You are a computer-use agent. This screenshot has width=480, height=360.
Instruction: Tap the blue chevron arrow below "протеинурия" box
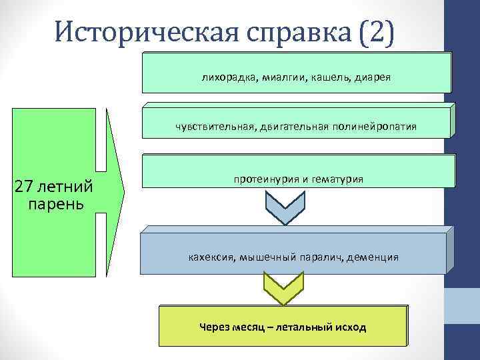point(285,206)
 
